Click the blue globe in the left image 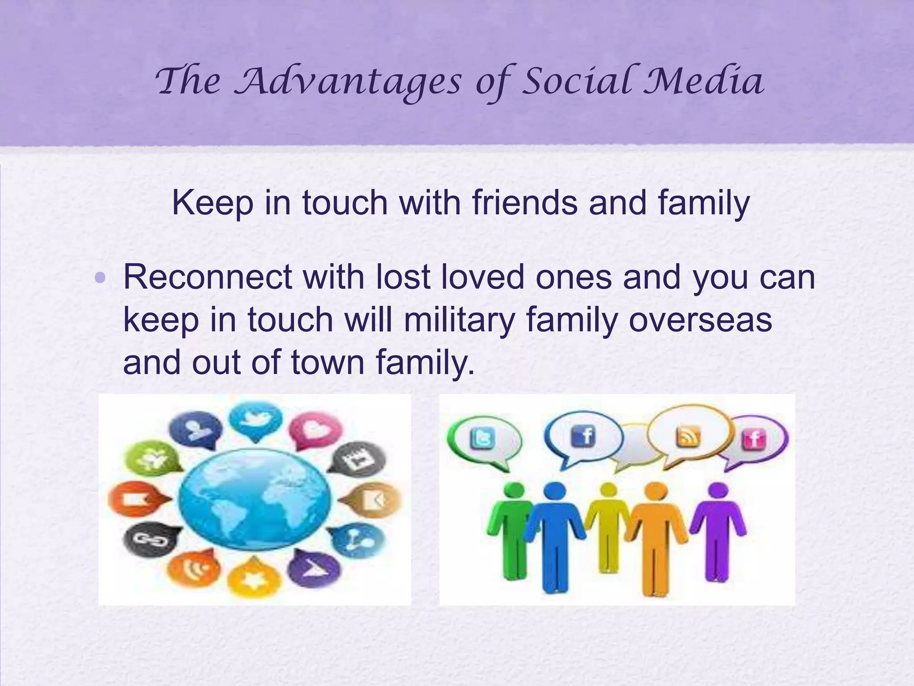255,498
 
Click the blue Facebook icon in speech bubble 583,435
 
